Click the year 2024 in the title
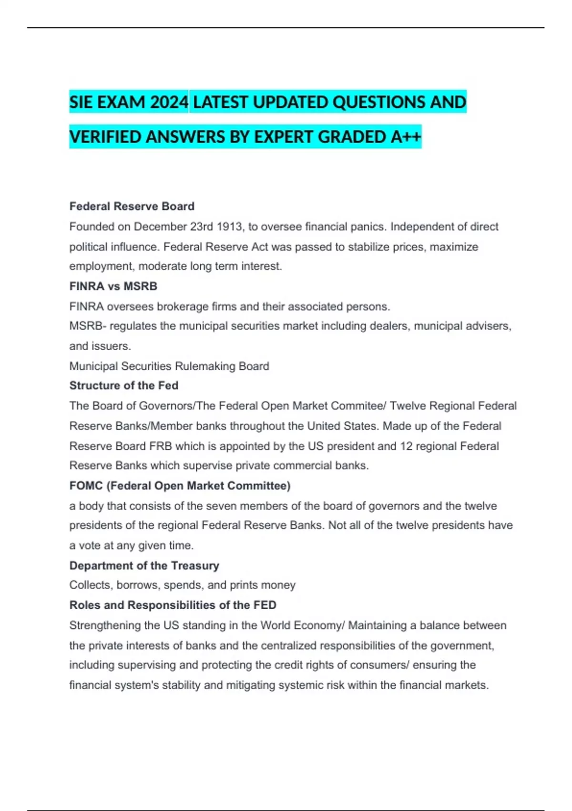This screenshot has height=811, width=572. pos(169,102)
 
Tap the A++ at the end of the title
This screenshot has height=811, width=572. pos(406,137)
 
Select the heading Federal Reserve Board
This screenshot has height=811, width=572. pos(132,206)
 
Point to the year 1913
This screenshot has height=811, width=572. pos(229,227)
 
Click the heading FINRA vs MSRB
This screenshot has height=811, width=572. pos(113,286)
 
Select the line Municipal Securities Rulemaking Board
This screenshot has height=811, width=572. pos(169,366)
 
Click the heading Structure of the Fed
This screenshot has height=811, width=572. pos(123,385)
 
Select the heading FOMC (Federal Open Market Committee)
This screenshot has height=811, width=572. pos(180,486)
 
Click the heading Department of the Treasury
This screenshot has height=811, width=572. pos(144,565)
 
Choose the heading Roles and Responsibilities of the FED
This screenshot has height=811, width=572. pos(173,605)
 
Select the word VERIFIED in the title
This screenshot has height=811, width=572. pos(105,137)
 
